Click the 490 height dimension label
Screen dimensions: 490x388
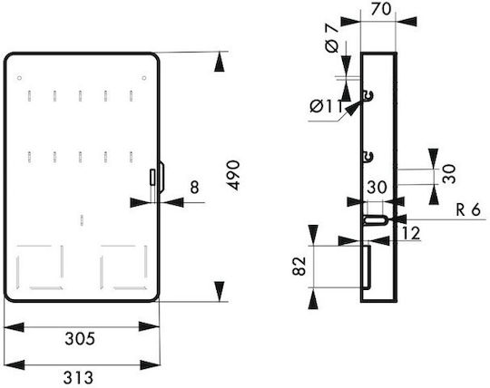pos(233,175)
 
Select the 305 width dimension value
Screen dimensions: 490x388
pos(80,338)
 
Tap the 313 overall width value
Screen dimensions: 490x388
pos(78,378)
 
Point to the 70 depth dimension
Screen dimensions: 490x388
pos(381,9)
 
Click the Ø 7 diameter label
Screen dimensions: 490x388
pos(331,38)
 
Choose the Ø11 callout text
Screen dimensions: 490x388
pos(327,106)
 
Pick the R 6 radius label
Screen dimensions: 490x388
pos(468,209)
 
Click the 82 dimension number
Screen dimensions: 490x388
pos(299,266)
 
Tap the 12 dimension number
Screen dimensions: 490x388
pos(411,233)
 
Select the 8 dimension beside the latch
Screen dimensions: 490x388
pos(194,188)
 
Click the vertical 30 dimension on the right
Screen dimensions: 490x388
pos(449,174)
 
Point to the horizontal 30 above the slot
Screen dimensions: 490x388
pos(377,188)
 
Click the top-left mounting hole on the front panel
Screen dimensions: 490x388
pos(19,78)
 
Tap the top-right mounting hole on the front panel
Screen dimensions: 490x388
pos(144,78)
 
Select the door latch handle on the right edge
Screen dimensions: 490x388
pos(162,177)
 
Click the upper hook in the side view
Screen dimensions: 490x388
pos(368,95)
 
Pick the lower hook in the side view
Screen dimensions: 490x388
pos(368,157)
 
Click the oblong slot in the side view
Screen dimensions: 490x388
pos(376,219)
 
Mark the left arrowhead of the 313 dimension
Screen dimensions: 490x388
pos(14,365)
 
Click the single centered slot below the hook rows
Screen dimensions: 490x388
pos(82,219)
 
